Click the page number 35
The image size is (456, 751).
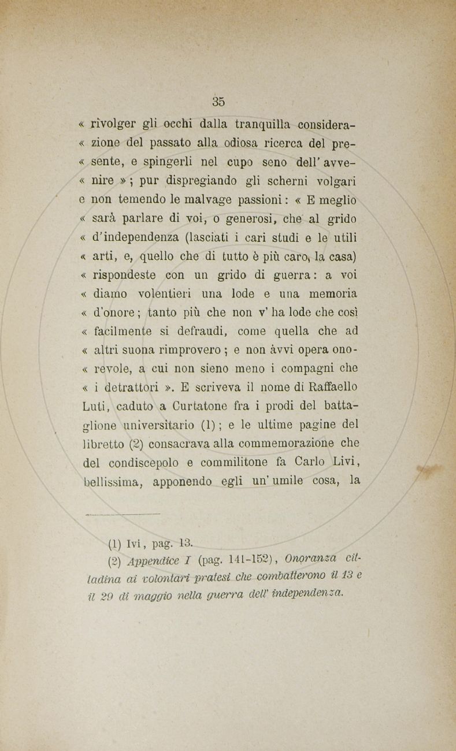click(x=218, y=102)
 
